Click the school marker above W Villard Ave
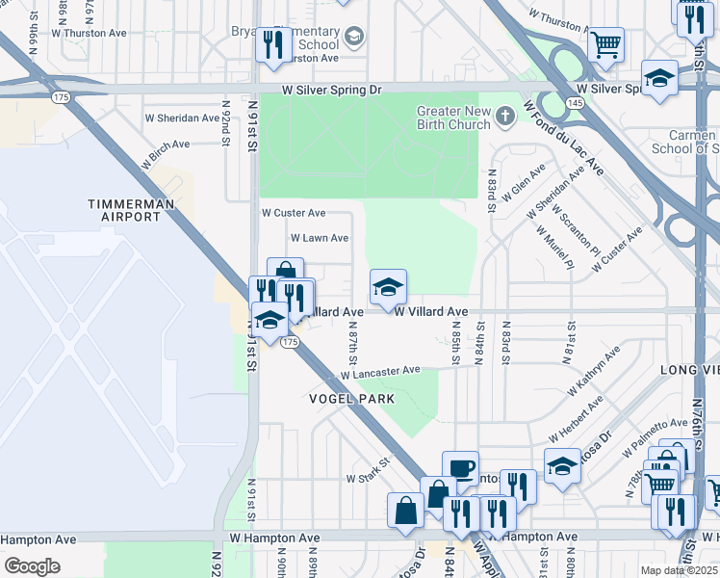click(x=388, y=287)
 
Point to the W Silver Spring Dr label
click(x=332, y=89)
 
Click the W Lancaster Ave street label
click(x=380, y=372)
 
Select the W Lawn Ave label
click(x=320, y=237)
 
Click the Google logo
click(x=33, y=566)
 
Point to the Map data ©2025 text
click(x=680, y=570)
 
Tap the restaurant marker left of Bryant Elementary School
click(x=273, y=44)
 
